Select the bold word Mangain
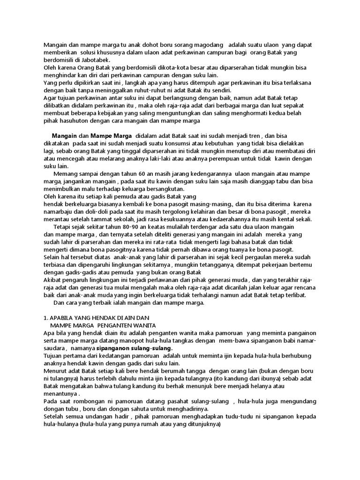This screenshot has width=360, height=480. tap(64, 135)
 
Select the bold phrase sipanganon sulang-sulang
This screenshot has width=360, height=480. tap(135, 348)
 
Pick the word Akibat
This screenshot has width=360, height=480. tap(53, 280)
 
